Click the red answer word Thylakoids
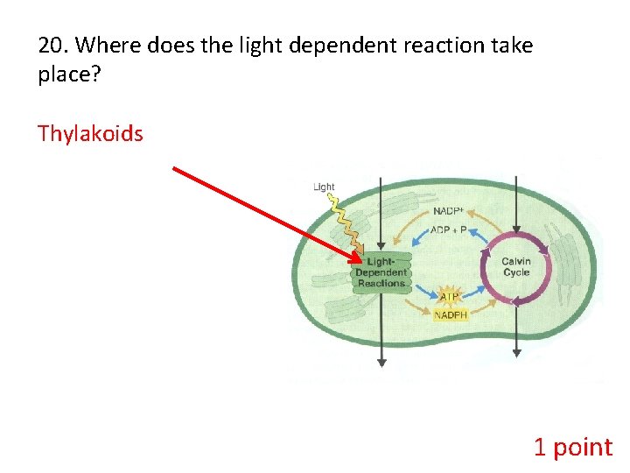pos(90,134)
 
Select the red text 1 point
pos(573,448)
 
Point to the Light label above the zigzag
pos(324,187)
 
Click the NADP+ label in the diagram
pos(448,211)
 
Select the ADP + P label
pos(448,229)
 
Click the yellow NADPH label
pos(451,314)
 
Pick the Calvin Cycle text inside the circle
pos(516,267)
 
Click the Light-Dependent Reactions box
pos(381,272)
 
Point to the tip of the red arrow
pos(361,260)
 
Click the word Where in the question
pos(109,46)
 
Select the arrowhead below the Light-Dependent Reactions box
pos(381,362)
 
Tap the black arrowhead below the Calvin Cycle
pos(516,354)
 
